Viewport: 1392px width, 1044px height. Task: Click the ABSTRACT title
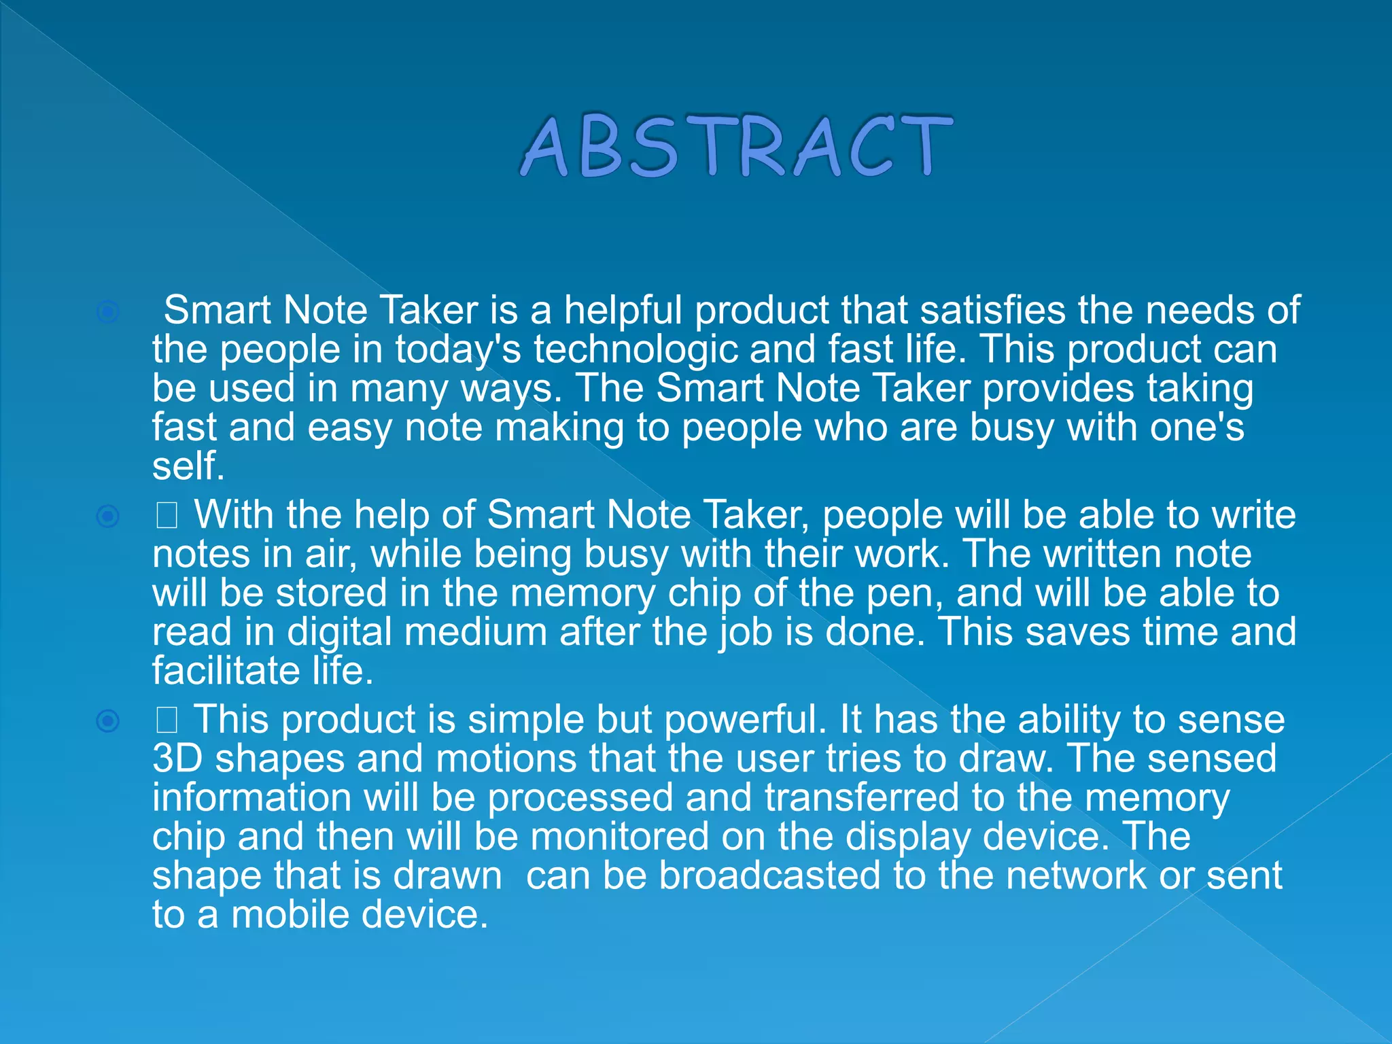[737, 146]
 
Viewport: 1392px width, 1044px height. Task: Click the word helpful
[623, 311]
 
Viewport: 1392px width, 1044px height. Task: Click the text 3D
[177, 759]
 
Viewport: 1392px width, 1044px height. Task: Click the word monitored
[620, 837]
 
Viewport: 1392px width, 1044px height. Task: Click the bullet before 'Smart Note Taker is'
[108, 312]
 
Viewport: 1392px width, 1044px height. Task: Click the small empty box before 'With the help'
[167, 517]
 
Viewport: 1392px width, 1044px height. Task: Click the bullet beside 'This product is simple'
[108, 720]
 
